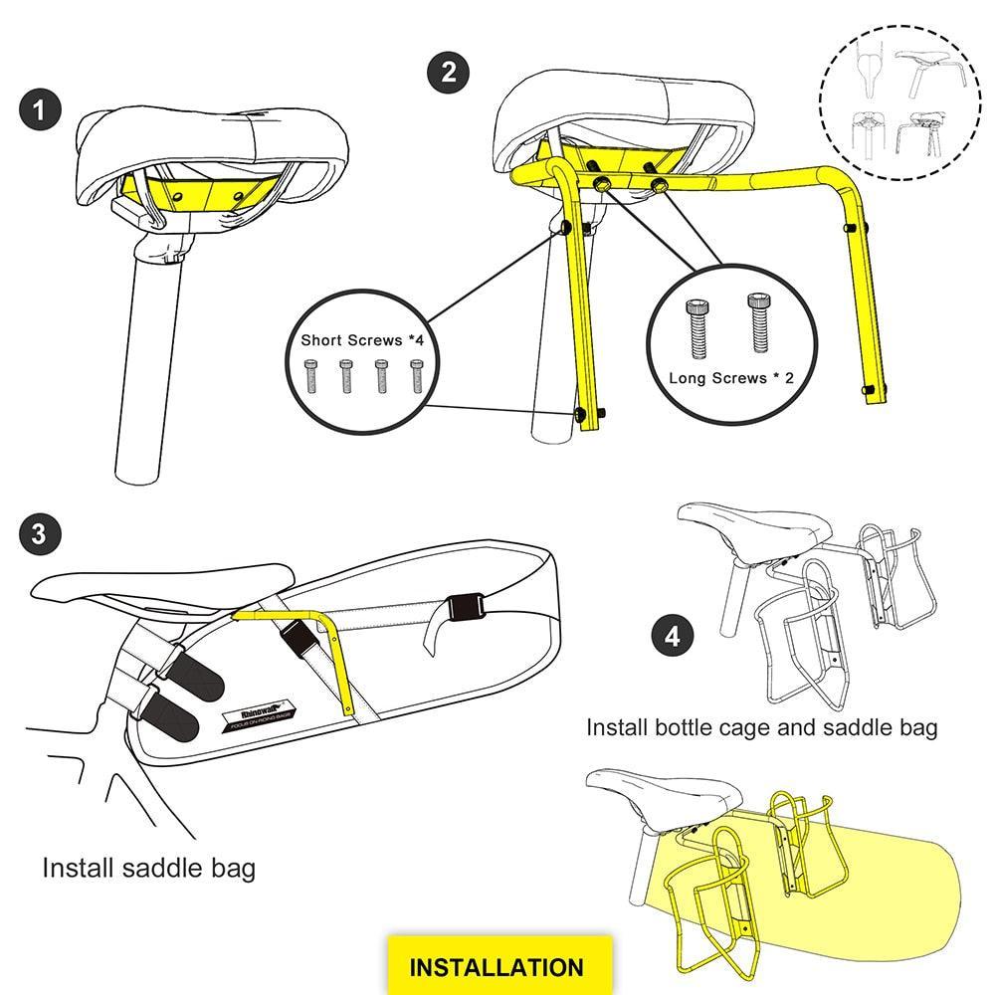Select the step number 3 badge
[39, 533]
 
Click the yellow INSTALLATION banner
[497, 966]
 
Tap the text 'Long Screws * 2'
[731, 378]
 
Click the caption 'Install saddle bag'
[149, 868]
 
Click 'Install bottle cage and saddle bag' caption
[761, 727]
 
